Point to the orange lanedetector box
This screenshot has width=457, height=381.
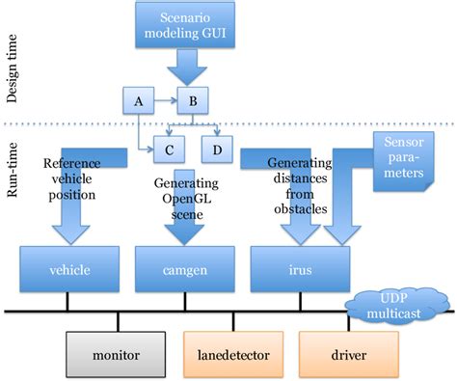click(x=237, y=355)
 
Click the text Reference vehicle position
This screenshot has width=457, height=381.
click(x=71, y=178)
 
